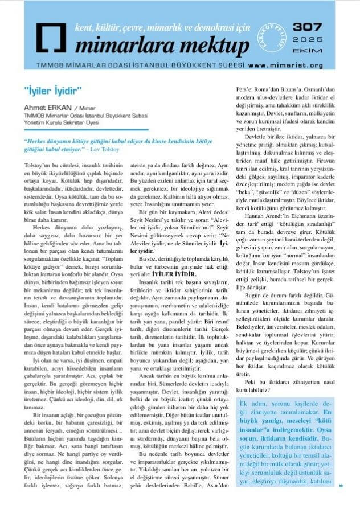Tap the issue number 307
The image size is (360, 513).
pyautogui.click(x=308, y=29)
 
